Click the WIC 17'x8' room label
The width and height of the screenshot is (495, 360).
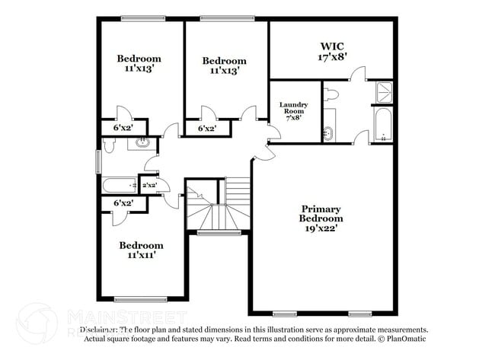331,51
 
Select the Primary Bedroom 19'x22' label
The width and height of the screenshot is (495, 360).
321,218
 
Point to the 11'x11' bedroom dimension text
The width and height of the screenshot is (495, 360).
140,256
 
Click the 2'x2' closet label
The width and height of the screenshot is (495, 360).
148,185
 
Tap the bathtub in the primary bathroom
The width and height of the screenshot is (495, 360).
383,126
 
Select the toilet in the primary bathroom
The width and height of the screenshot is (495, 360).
331,95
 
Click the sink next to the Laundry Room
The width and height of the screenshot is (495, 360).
329,132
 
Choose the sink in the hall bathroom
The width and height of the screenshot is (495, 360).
142,142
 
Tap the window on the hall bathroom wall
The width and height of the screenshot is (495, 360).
97,161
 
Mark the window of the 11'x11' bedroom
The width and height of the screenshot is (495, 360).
140,299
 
